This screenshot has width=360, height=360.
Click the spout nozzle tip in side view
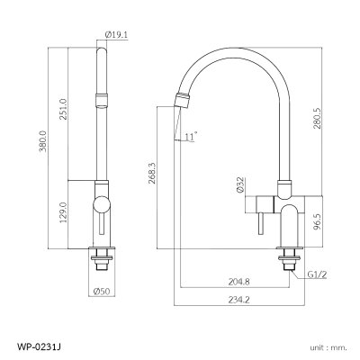click(x=183, y=99)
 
